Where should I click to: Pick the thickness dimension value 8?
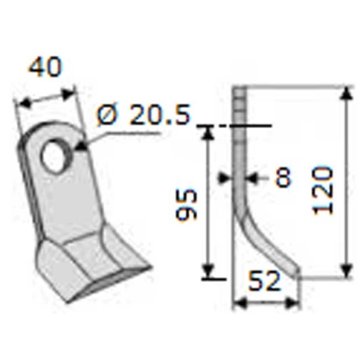282,177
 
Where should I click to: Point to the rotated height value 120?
324,189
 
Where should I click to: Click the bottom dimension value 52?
266,281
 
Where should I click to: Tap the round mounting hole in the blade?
54,155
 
